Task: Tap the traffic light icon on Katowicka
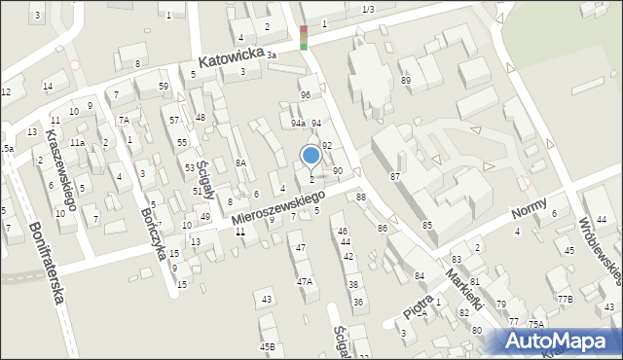click(304, 37)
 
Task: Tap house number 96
click(305, 94)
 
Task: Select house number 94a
click(298, 124)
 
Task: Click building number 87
click(395, 176)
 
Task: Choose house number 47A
click(305, 281)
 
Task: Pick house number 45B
click(267, 346)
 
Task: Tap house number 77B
click(565, 299)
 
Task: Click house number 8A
click(240, 163)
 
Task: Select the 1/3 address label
click(367, 9)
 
